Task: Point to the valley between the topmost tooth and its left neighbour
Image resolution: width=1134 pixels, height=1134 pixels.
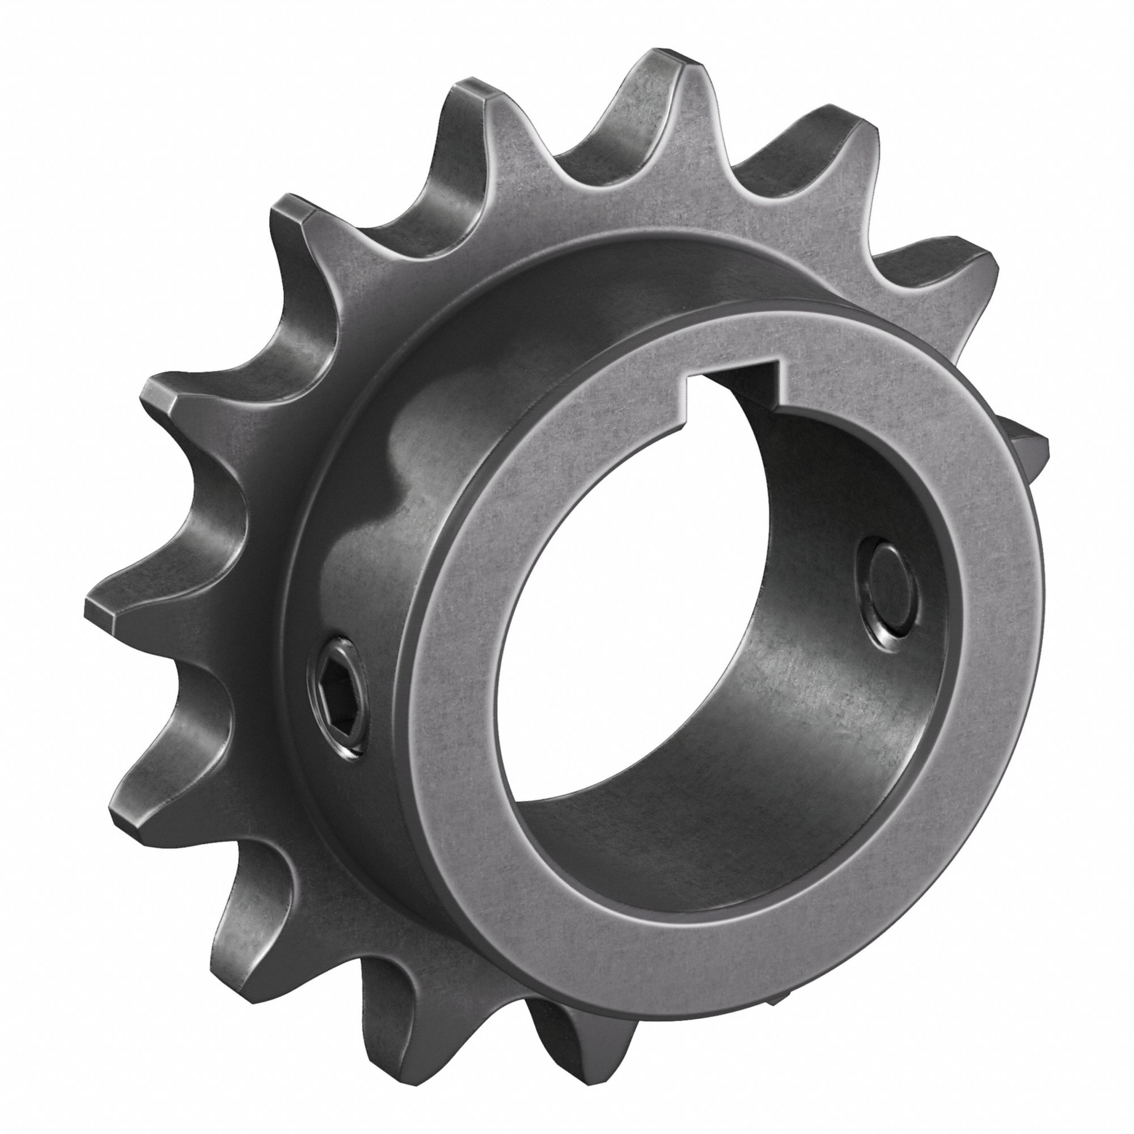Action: point(578,150)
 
